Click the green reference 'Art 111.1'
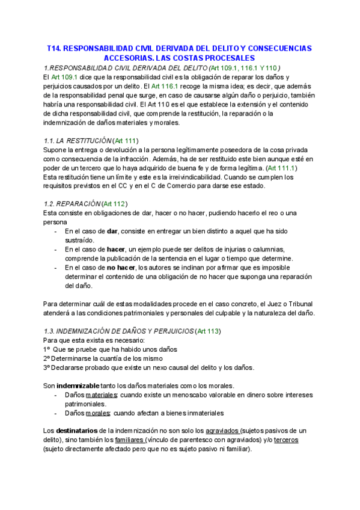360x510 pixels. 281,168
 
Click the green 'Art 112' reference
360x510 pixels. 114,204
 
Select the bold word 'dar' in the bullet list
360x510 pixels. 112,231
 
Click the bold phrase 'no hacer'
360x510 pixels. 121,267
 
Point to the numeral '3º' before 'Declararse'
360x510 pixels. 47,367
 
